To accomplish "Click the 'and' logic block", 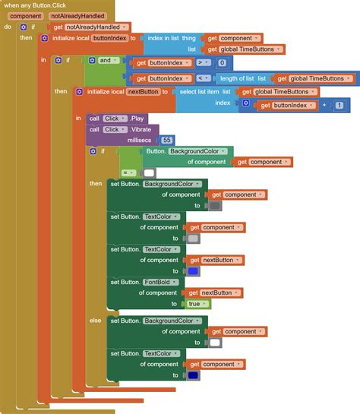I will (x=106, y=59).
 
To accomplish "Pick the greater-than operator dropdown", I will (x=202, y=63).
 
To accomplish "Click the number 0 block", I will (x=222, y=63).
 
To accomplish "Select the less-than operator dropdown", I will (x=202, y=78).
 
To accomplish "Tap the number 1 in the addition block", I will (x=339, y=106).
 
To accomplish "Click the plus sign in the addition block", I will (x=324, y=106).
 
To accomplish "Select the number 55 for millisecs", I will (x=167, y=140).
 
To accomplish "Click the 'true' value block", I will (x=196, y=304).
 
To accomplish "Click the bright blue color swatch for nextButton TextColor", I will (x=193, y=271).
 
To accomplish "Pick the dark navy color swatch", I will (x=193, y=375).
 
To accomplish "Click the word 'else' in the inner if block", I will (x=95, y=321).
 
